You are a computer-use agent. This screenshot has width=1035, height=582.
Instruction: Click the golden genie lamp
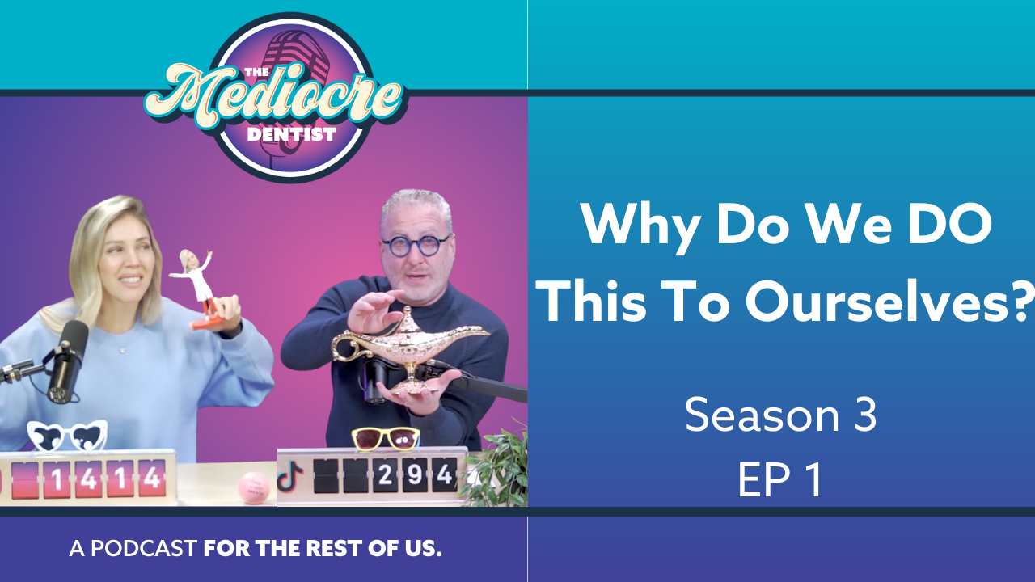(x=404, y=348)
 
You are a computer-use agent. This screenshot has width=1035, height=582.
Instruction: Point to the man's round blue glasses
(x=416, y=245)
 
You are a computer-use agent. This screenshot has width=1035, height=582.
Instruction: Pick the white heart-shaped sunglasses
(x=67, y=436)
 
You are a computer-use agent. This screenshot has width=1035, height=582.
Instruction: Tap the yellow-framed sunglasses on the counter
(x=386, y=437)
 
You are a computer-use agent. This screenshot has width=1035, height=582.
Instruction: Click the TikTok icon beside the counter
(x=289, y=476)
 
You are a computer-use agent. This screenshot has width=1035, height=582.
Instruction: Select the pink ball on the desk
(x=254, y=488)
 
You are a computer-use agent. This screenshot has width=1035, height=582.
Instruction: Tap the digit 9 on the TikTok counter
(x=415, y=475)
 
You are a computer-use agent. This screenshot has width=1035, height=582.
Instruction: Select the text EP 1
(x=779, y=480)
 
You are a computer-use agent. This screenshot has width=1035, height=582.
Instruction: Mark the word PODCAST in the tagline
(x=144, y=549)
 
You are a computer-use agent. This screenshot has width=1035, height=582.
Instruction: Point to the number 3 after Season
(x=865, y=415)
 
